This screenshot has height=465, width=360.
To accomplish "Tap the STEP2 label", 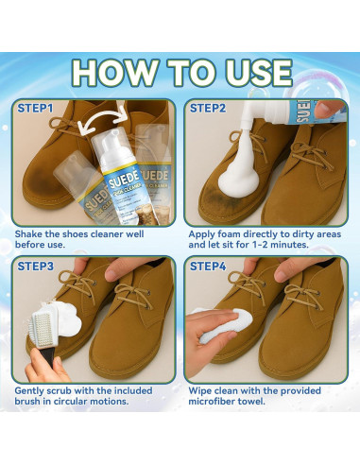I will tap(209, 109).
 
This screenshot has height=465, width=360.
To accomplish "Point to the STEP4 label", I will tap(209, 266).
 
